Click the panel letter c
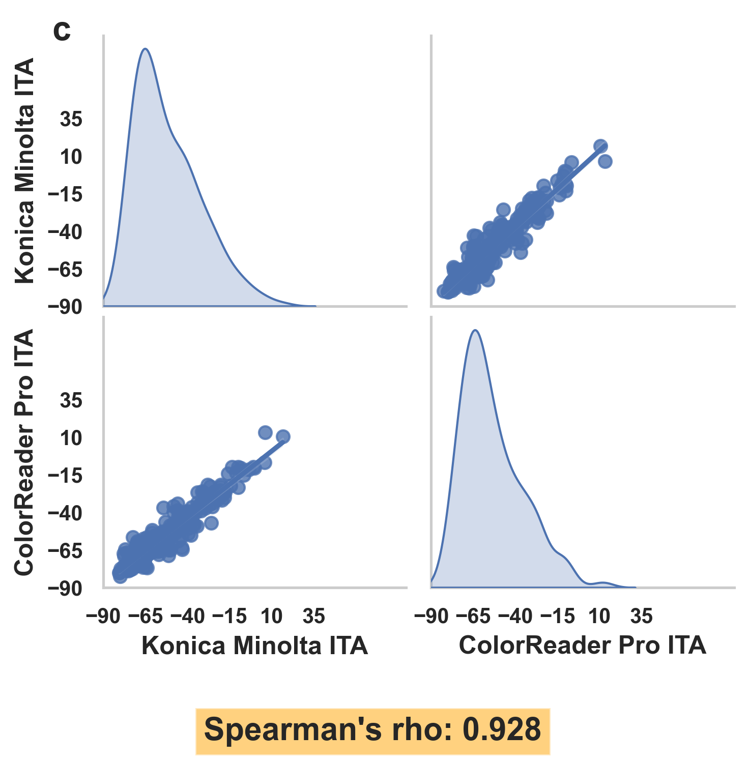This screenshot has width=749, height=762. pos(62,32)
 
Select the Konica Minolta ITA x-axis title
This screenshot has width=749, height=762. pos(254,646)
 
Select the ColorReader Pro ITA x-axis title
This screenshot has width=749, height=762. pos(582,646)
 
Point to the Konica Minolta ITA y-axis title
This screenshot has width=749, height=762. pos(24,170)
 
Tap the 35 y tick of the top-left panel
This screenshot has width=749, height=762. pos(71,120)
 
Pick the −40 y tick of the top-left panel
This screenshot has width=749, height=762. pos(65,232)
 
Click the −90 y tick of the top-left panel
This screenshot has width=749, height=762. pos(65,307)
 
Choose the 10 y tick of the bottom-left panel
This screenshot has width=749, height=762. pos(71,438)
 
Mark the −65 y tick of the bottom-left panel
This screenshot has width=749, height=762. pos(65,550)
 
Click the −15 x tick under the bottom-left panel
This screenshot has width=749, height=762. pos(229,617)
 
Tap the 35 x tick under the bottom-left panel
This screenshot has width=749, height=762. pos(314,617)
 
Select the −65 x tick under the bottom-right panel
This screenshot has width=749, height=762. pos(473,617)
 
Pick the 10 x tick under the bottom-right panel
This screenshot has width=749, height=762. pos(599,617)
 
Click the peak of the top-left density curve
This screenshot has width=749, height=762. pos(146,49)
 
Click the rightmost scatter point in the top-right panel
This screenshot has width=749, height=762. pos(605,162)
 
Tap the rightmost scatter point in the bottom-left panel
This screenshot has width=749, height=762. pos(283,436)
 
